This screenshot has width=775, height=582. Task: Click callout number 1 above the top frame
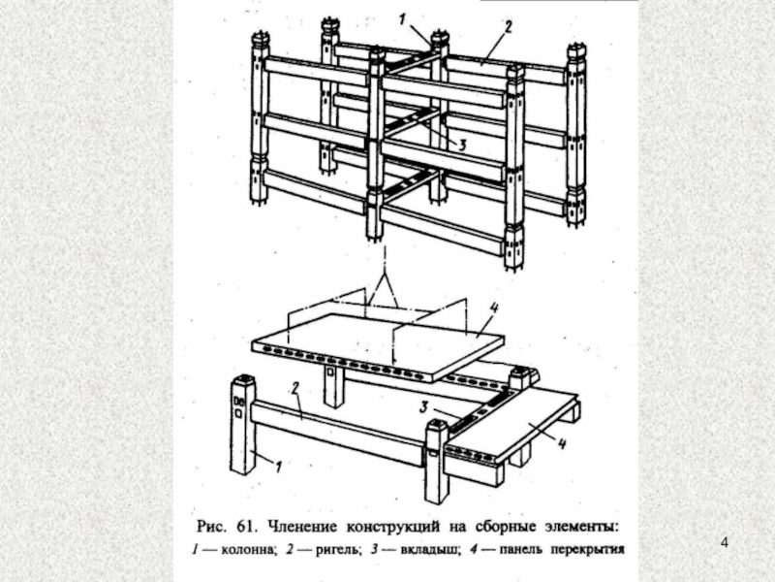pyautogui.click(x=405, y=16)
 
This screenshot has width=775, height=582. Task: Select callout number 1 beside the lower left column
pyautogui.click(x=278, y=468)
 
